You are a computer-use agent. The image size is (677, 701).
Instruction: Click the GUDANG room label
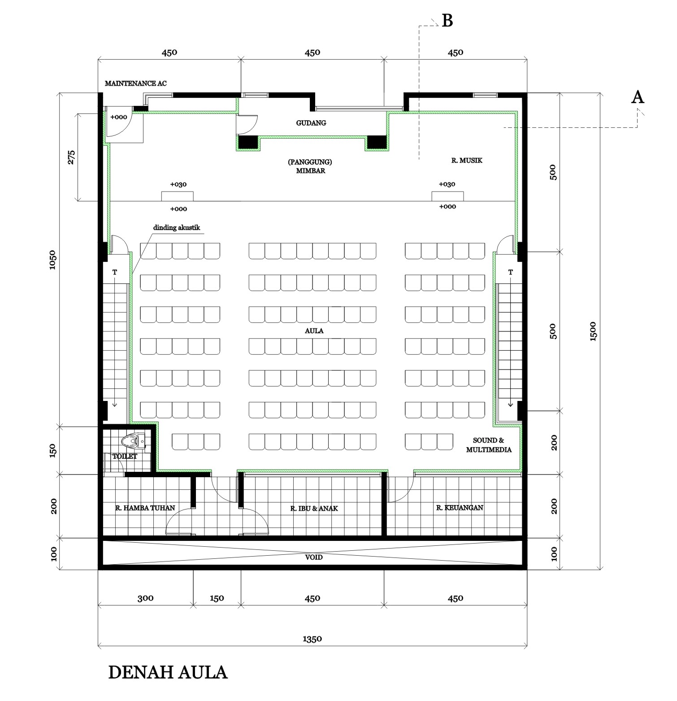[x=311, y=123]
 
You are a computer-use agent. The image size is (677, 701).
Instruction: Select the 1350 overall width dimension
[x=312, y=639]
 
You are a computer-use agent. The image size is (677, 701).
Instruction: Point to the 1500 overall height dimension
[x=593, y=331]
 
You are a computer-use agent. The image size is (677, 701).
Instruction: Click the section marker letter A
[x=637, y=97]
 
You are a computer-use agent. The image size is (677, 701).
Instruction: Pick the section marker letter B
[x=447, y=21]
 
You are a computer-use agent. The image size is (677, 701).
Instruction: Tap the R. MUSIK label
[x=466, y=160]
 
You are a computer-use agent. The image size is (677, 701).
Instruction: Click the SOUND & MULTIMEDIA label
[x=488, y=445]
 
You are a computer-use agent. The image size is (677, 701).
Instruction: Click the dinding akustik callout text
[x=177, y=227]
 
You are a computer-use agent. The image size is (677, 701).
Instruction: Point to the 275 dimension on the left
[x=71, y=157]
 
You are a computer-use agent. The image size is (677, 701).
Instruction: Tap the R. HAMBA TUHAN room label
[x=145, y=508]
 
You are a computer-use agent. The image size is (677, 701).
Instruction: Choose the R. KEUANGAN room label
[x=460, y=508]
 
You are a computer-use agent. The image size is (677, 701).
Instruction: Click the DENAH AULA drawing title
[x=168, y=672]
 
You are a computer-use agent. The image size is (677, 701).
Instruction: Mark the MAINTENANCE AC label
[x=135, y=83]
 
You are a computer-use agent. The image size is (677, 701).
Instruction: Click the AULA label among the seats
[x=313, y=331]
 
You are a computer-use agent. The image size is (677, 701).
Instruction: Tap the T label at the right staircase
[x=510, y=272]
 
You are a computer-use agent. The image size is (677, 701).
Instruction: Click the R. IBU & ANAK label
[x=314, y=509]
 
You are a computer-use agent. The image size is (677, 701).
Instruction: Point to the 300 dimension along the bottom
[x=145, y=598]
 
